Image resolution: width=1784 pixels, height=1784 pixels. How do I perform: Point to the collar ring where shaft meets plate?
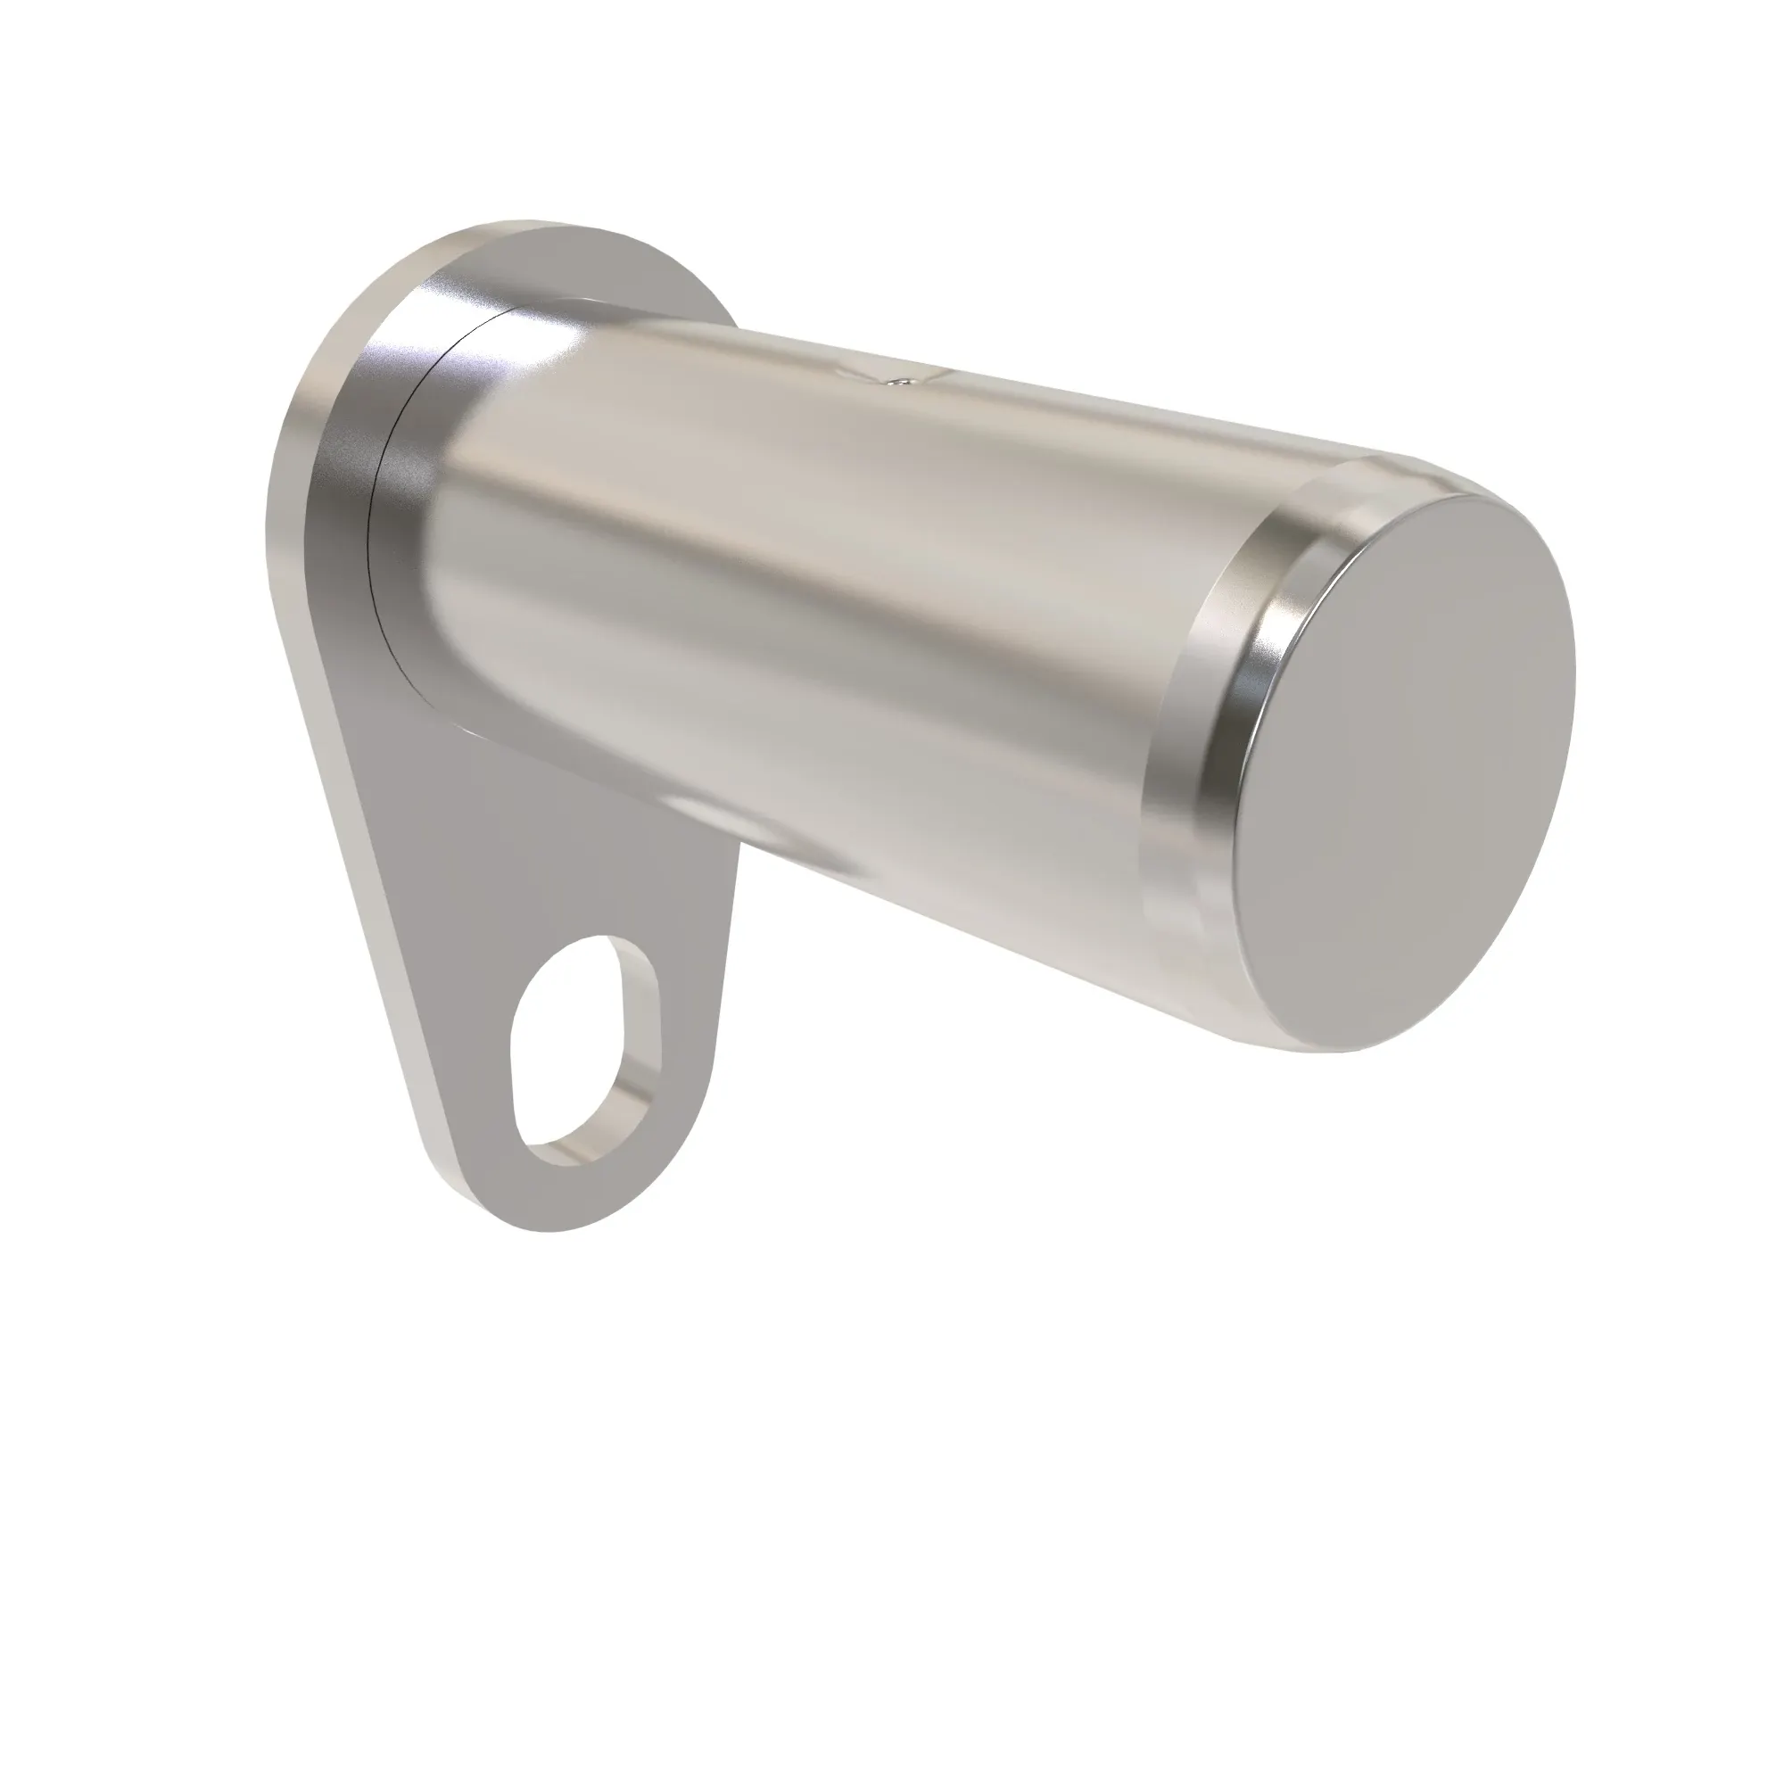click(406, 480)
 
